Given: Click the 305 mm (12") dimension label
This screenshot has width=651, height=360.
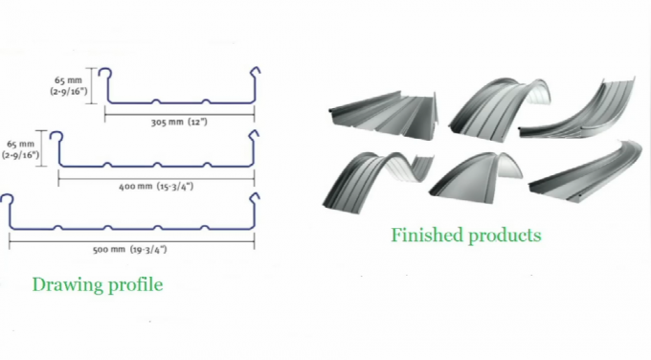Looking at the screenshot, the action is tap(179, 123).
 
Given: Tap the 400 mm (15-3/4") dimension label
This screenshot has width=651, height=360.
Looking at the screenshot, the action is tap(156, 187).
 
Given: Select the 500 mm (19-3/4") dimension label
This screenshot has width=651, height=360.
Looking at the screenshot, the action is tap(129, 250).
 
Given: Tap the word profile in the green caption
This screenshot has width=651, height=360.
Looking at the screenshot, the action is tap(136, 285).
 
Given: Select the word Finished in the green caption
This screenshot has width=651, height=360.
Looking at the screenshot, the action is tap(427, 235).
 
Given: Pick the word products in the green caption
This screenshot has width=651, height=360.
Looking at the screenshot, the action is tap(505, 236).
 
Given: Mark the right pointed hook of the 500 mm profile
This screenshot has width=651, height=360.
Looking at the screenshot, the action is tap(254, 197).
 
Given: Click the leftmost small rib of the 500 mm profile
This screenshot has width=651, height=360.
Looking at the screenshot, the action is tap(58, 227).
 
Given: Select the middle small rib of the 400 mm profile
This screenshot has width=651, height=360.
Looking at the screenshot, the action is tap(157, 165).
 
